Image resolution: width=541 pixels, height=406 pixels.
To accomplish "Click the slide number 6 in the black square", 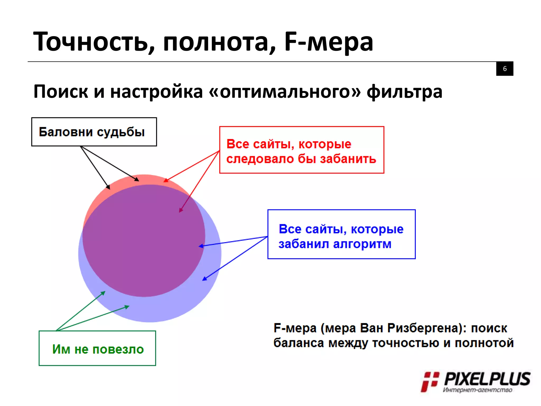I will pos(505,69).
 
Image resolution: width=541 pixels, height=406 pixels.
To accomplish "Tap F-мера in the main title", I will pos(328,42).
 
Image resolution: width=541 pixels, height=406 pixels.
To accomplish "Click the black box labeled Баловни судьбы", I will pos(94,132).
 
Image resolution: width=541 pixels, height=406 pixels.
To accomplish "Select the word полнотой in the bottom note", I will pos(484,343).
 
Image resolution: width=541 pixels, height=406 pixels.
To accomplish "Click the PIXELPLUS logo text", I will pos(487,379).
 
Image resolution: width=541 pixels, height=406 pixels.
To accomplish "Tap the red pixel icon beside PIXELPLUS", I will pos(430,381).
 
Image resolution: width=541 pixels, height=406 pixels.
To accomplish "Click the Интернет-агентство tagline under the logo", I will pos(477,390).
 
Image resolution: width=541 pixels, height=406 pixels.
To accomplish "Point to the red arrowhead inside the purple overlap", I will pos(181,210).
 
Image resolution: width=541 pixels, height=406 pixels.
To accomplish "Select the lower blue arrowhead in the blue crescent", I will pos(204,278).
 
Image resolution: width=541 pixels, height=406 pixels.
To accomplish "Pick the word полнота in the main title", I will pos(219,42).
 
